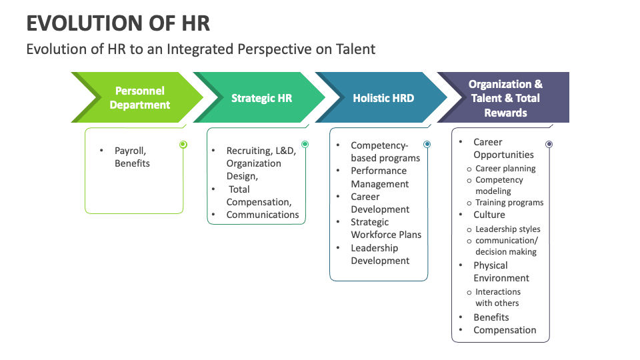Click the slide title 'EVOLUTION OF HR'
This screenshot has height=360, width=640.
[118, 23]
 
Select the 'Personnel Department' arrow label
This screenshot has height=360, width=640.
[140, 97]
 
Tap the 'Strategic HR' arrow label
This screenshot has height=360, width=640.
[261, 98]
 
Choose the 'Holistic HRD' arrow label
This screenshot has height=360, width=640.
[383, 98]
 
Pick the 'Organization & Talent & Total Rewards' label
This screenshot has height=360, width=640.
[505, 98]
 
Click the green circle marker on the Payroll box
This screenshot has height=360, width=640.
[183, 145]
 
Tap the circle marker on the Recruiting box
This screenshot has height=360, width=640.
[305, 144]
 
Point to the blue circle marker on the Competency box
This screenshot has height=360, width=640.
[427, 144]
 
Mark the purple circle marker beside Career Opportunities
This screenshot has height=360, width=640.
[549, 144]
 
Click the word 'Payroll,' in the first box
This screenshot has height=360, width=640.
[131, 151]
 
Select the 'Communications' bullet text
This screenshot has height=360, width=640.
[263, 215]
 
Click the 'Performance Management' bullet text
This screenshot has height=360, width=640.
[380, 177]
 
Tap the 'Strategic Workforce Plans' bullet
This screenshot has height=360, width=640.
[386, 228]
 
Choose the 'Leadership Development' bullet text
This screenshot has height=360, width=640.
[380, 254]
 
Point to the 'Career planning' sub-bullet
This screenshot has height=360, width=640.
[505, 169]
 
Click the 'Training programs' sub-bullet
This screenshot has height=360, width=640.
[509, 203]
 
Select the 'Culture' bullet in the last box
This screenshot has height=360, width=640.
[489, 215]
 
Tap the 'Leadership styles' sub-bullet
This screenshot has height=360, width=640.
[508, 229]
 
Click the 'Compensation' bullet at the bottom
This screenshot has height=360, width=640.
[505, 330]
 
